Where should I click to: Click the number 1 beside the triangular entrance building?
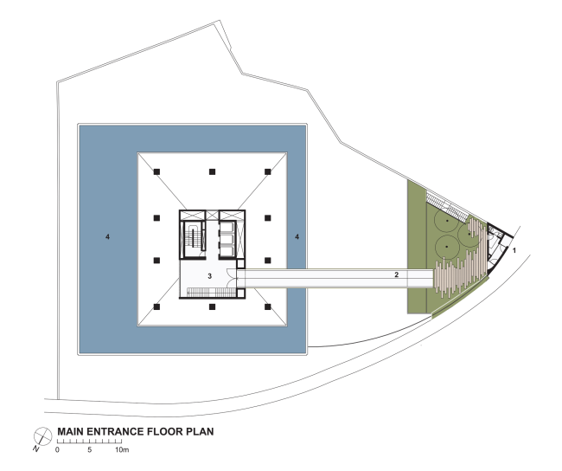pos(514,249)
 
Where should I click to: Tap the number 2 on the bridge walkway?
pos(396,274)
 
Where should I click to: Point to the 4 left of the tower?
pos(107,236)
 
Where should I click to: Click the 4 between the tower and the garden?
pos(297,236)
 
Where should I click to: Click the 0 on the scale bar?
pos(58,450)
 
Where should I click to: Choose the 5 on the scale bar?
pos(89,450)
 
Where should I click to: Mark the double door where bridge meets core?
pos(230,275)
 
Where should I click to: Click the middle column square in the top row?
pos(212,172)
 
